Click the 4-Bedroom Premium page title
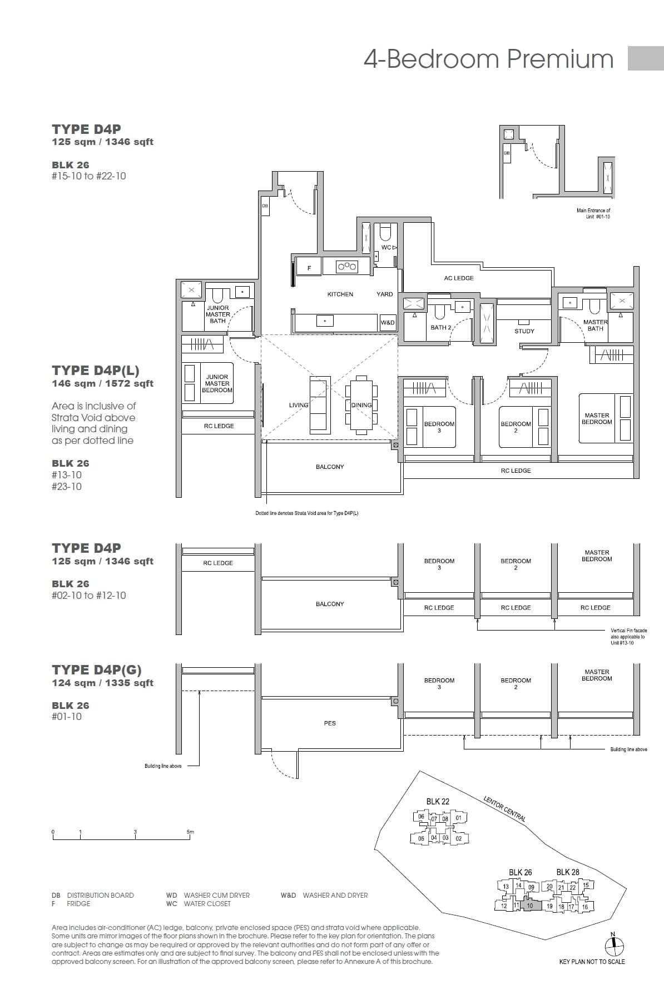488,59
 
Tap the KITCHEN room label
340,294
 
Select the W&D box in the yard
388,323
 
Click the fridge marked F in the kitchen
309,268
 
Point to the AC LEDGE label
459,278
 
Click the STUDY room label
524,331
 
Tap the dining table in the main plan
361,405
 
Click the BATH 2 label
440,328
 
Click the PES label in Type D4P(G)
330,723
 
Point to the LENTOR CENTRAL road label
504,809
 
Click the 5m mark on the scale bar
190,832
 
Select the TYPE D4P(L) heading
95,371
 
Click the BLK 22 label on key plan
438,801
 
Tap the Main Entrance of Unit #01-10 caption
593,213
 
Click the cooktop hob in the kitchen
347,267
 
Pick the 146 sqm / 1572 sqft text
102,384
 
